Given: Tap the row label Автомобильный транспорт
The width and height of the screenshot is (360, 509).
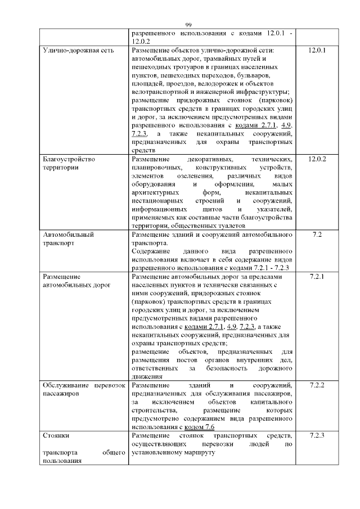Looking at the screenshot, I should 68,237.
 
